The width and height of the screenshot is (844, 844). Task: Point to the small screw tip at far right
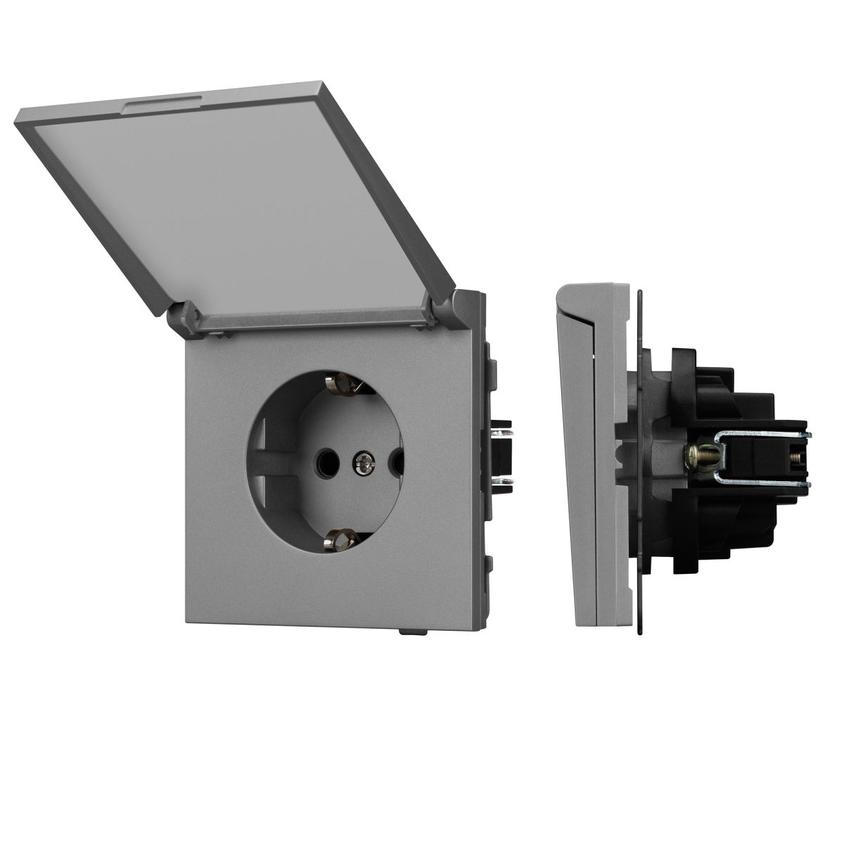click(x=800, y=456)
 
